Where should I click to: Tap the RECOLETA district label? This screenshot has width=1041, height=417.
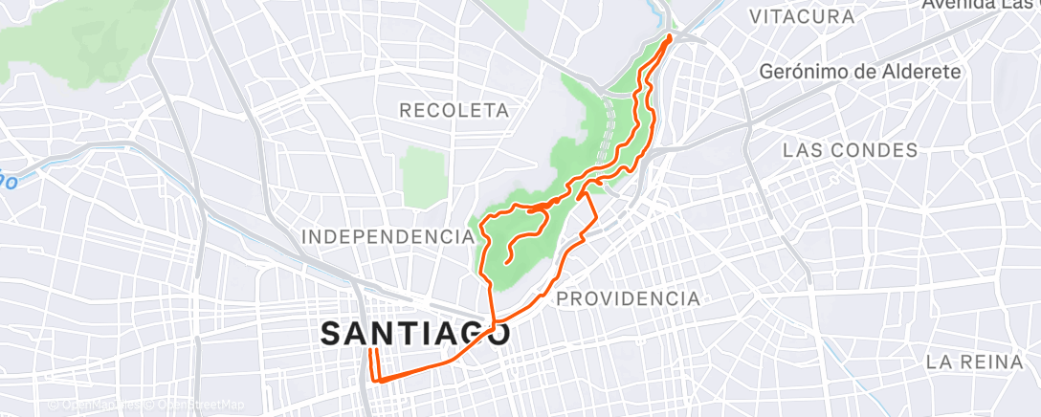pos(454,111)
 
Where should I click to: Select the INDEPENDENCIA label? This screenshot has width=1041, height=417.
pos(388,236)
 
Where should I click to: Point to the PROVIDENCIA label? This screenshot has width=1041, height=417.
pos(628,299)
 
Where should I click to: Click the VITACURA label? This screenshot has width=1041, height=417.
pos(802,16)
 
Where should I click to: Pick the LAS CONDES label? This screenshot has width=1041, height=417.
pos(851,150)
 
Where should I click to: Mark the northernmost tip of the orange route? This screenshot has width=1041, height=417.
pos(668,36)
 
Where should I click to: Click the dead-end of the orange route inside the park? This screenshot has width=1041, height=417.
pos(504,261)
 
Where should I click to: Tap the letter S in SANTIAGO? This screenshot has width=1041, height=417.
pos(331,334)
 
